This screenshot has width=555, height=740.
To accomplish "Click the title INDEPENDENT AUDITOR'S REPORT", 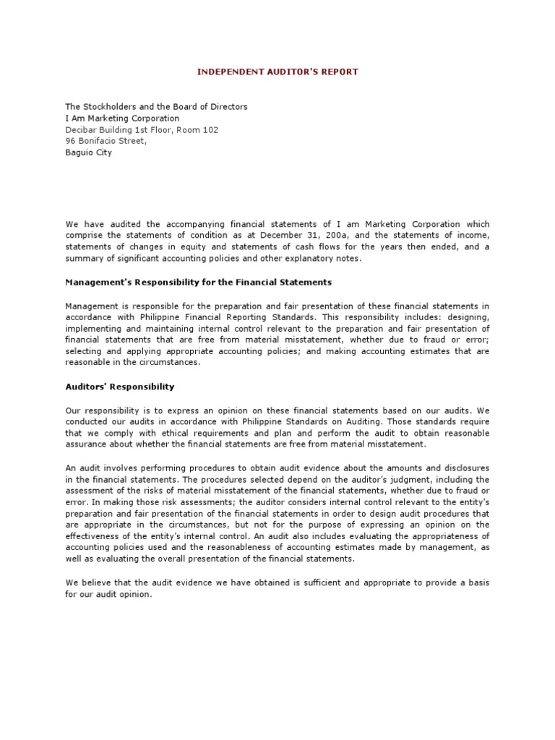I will click(x=277, y=72).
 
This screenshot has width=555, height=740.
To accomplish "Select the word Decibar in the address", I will click(x=82, y=130).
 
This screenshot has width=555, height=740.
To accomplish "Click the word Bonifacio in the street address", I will click(x=100, y=142).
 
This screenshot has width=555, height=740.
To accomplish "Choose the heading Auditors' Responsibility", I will click(x=120, y=387).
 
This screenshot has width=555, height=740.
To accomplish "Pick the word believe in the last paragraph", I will click(x=100, y=583).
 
